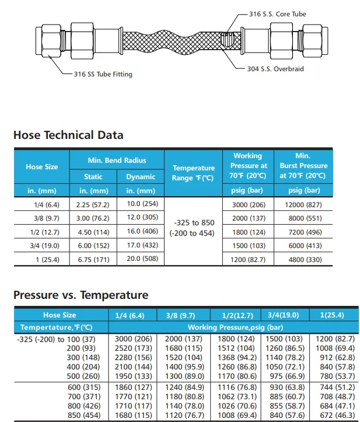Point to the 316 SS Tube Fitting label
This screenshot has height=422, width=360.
coord(103,74)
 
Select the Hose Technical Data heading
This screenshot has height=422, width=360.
coord(68,135)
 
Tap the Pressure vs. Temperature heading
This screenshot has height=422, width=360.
coord(81,295)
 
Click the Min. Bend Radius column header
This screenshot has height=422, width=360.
coord(117,160)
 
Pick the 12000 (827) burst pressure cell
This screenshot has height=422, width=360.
coord(303,204)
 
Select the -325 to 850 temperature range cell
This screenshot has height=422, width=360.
coord(193,228)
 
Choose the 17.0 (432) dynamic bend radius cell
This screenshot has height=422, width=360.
coord(141,245)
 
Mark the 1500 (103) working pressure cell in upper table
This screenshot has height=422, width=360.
coord(248,245)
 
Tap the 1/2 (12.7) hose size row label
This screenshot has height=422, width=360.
coord(42,231)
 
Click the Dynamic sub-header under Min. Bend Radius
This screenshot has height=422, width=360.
coord(141,176)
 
